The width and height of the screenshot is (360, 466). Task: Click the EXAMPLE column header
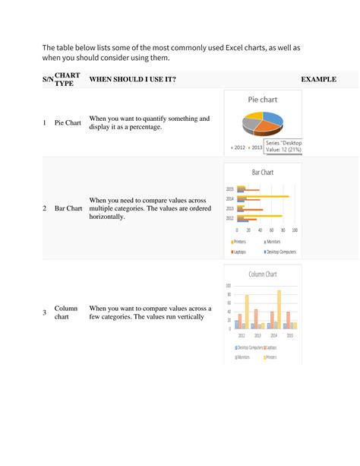[318, 79]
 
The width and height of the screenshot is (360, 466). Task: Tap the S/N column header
[48, 79]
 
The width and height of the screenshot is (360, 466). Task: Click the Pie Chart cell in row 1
[68, 122]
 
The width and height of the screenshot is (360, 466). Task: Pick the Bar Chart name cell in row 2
[68, 208]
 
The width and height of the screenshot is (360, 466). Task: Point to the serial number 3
[45, 313]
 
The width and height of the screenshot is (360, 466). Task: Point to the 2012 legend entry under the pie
[238, 147]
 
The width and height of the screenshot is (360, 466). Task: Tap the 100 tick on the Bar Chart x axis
[294, 229]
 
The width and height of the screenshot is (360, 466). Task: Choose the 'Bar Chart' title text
[262, 173]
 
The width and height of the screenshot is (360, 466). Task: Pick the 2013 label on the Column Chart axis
[258, 334]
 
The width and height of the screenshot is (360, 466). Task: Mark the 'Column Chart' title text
[263, 274]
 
